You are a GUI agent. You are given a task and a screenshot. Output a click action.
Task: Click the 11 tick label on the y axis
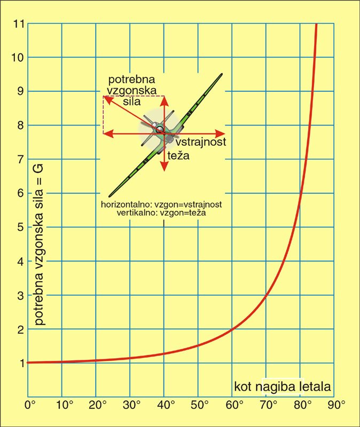19,23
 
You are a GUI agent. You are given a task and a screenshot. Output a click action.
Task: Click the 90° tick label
336,405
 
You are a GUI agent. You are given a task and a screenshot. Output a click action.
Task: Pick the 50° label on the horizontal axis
199,405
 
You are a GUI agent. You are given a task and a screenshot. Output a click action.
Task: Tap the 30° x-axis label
131,405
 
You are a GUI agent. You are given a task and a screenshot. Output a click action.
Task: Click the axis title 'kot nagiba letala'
282,385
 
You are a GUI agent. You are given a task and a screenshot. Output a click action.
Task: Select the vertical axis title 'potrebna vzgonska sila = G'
39,244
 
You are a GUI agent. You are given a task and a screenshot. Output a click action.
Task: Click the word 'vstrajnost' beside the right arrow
201,142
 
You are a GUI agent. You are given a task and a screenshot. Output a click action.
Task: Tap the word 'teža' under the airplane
178,157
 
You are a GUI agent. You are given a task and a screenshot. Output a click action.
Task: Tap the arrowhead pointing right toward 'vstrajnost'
224,133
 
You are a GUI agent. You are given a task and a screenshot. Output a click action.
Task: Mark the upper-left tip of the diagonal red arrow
104,97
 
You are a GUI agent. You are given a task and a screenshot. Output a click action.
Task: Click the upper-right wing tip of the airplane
221,74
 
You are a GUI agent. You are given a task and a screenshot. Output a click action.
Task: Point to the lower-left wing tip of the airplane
109,196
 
